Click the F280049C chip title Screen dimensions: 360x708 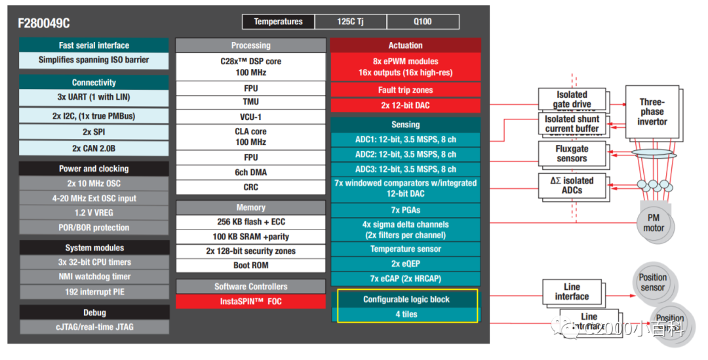click(44, 23)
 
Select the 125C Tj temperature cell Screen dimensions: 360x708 click(350, 22)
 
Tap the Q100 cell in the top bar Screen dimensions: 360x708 click(422, 22)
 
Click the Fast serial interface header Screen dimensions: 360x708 click(94, 45)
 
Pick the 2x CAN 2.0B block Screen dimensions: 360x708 click(94, 148)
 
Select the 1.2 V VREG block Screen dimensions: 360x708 click(94, 212)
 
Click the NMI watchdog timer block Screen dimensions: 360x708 click(94, 277)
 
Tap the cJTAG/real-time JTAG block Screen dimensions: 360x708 click(94, 327)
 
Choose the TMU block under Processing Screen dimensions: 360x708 click(250, 102)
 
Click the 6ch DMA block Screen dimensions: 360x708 click(250, 172)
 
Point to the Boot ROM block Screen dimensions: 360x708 click(250, 266)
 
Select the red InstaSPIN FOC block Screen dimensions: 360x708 click(250, 302)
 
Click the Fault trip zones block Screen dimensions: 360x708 click(405, 90)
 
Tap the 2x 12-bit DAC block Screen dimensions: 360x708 click(405, 105)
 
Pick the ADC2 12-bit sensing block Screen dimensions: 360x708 click(405, 154)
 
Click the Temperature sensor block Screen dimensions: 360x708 click(405, 249)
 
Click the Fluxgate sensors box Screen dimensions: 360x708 click(572, 153)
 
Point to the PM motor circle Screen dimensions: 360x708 click(653, 223)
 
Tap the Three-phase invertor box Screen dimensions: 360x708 click(652, 112)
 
